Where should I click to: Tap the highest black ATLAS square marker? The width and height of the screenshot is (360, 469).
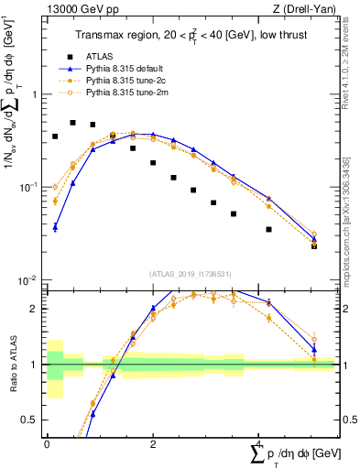(x=73, y=122)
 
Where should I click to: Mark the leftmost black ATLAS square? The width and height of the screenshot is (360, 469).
(x=55, y=136)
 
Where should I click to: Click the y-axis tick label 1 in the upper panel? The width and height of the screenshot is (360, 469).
(x=35, y=94)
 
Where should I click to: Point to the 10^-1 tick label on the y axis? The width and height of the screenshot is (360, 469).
(x=29, y=187)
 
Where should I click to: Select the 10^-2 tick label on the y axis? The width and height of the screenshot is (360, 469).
(x=29, y=279)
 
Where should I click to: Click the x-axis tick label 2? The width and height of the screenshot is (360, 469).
(x=153, y=443)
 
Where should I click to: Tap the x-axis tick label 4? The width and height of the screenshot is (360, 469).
(x=259, y=443)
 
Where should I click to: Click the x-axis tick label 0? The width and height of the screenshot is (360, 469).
(x=47, y=443)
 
